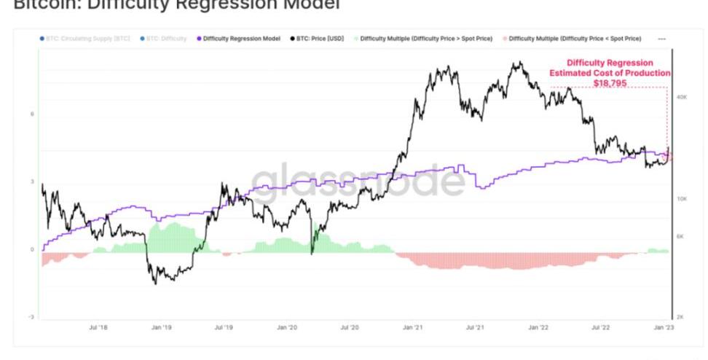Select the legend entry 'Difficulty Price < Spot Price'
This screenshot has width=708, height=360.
575,38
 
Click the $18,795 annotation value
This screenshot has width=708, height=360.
610,84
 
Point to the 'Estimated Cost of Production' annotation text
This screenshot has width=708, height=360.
610,74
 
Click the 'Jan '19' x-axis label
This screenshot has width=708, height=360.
161,328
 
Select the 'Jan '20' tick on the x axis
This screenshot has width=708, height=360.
287,328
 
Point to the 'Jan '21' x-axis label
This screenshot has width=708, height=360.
413,328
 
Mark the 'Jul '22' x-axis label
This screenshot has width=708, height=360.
601,328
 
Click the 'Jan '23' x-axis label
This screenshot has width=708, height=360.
663,328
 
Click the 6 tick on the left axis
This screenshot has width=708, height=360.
32,114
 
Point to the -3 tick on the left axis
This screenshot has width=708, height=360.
31,318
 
